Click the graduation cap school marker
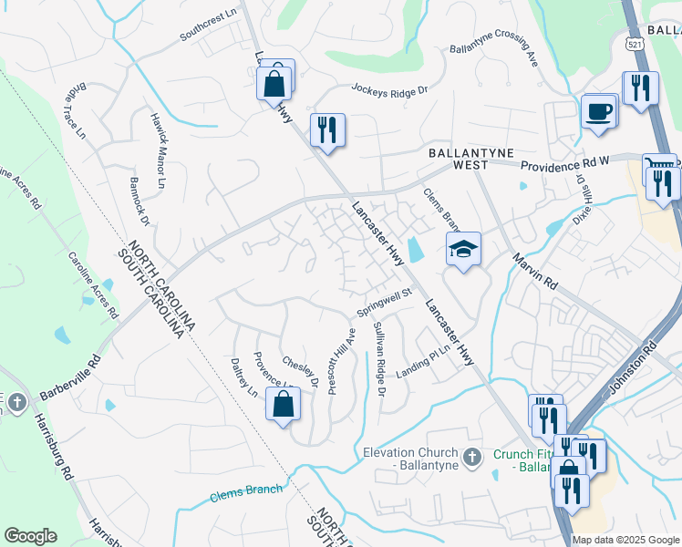pyautogui.click(x=463, y=248)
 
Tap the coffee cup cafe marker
pyautogui.click(x=598, y=111)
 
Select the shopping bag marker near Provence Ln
pyautogui.click(x=283, y=404)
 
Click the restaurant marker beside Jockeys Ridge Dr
pyautogui.click(x=327, y=129)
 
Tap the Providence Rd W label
pyautogui.click(x=564, y=164)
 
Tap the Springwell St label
pyautogui.click(x=385, y=304)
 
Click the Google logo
pyautogui.click(x=30, y=536)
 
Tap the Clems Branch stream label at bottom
pyautogui.click(x=246, y=492)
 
